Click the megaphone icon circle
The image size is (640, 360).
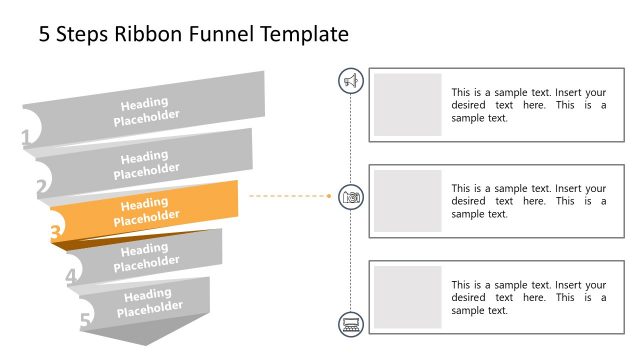(351, 81)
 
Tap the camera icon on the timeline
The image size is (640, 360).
(351, 197)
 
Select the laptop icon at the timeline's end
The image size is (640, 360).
(351, 323)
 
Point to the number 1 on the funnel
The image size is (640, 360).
(26, 139)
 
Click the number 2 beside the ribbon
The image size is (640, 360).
(41, 186)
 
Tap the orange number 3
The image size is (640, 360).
(56, 233)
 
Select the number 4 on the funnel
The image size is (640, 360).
(71, 276)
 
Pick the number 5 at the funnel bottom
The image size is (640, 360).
(85, 320)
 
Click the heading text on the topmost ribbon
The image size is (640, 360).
(146, 109)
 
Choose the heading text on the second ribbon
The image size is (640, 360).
(146, 164)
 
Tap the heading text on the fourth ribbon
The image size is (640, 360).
(146, 257)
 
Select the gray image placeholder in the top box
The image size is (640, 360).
(408, 104)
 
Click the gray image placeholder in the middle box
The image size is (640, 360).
(408, 201)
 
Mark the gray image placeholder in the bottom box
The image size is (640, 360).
(408, 297)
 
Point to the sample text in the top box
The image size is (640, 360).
(528, 104)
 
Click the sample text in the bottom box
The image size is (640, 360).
(528, 297)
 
